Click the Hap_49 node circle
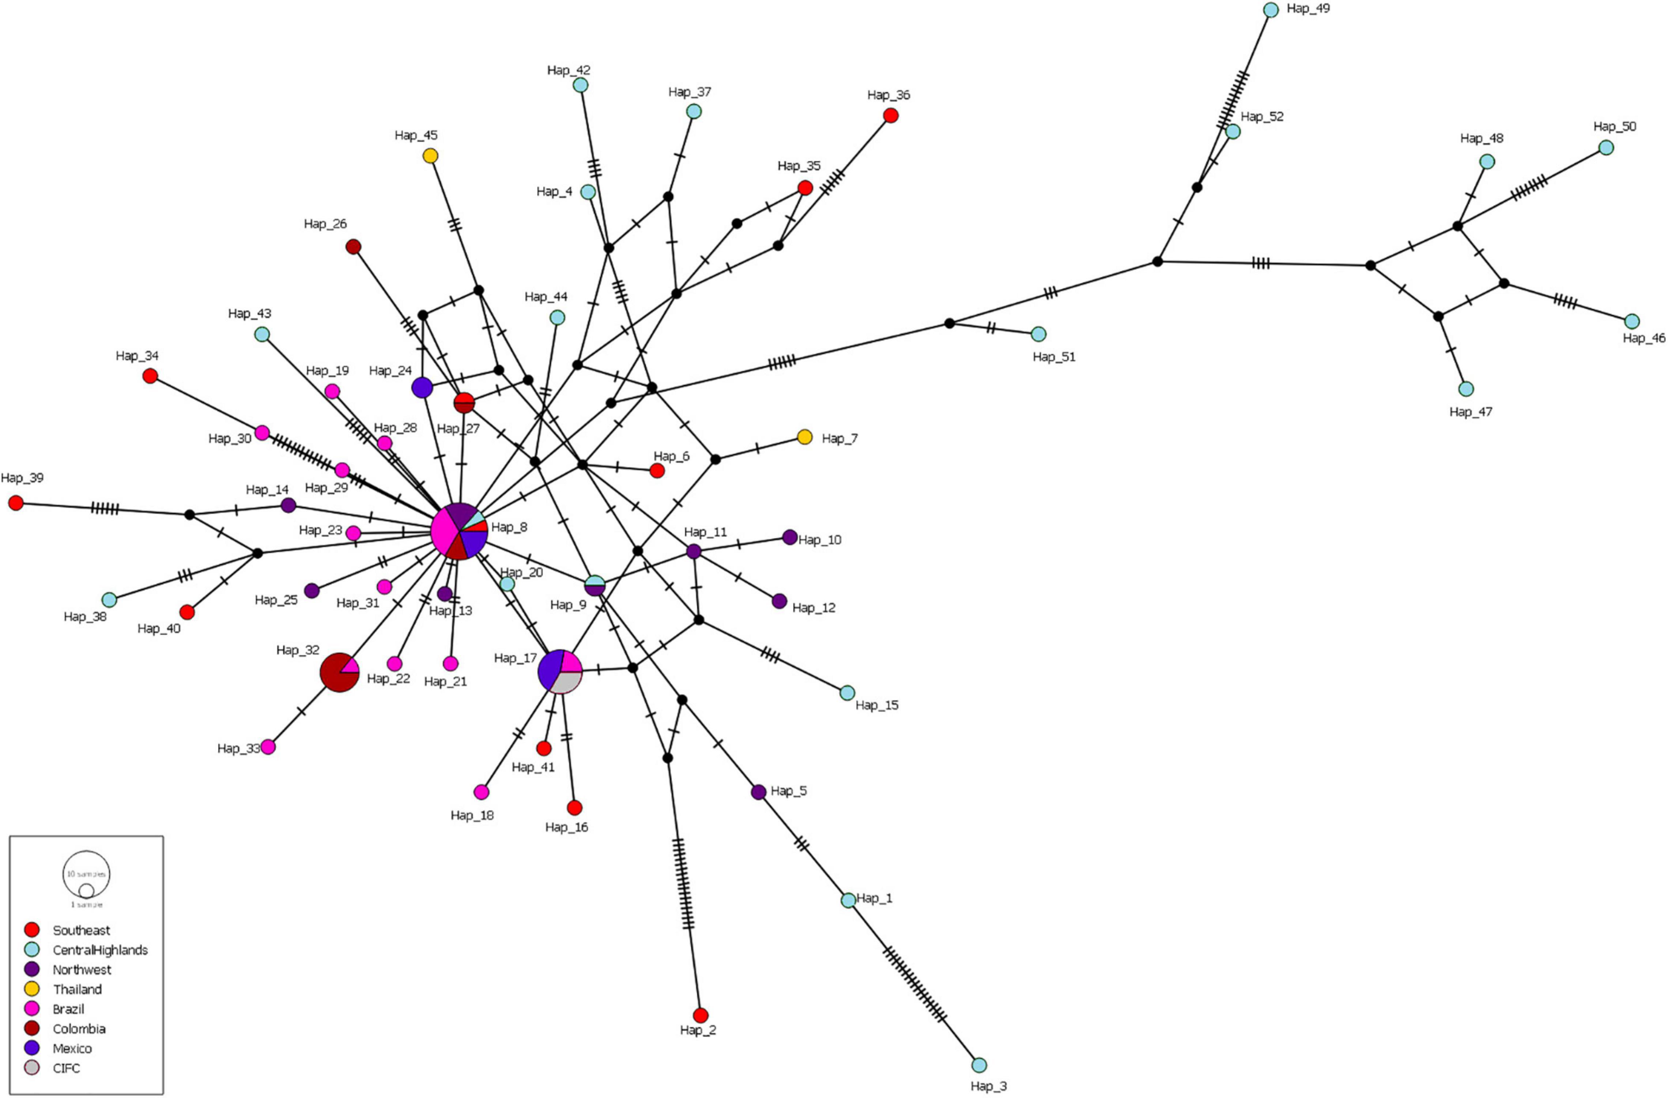(1271, 10)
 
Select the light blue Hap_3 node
(979, 1065)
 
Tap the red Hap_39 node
(15, 502)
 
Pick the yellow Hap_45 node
(430, 155)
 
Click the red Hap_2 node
(700, 1015)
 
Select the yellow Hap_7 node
(804, 437)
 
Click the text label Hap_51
(1053, 356)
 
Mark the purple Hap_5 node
(758, 792)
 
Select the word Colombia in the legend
(79, 1029)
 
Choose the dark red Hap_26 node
(354, 247)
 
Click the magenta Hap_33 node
(268, 747)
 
